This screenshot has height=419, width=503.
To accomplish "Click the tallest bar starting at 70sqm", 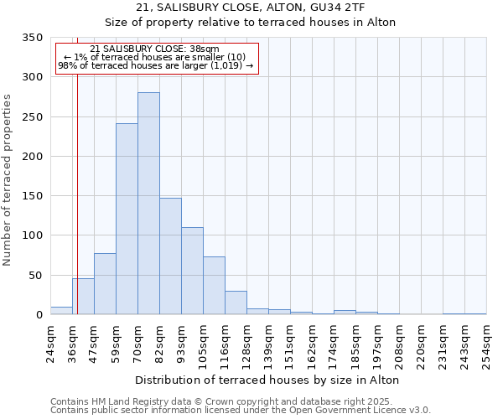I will [148, 204].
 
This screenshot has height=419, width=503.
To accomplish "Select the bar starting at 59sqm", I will [127, 220].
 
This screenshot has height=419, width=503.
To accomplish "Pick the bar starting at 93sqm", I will [192, 271].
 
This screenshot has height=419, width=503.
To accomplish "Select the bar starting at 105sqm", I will [214, 286].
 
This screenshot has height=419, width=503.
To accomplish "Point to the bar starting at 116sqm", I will [236, 303].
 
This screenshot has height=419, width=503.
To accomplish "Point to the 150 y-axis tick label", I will [32, 196].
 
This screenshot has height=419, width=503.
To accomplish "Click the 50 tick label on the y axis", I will [34, 276].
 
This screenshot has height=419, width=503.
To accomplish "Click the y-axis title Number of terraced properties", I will [8, 180].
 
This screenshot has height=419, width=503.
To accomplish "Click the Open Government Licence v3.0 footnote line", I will [240, 411].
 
